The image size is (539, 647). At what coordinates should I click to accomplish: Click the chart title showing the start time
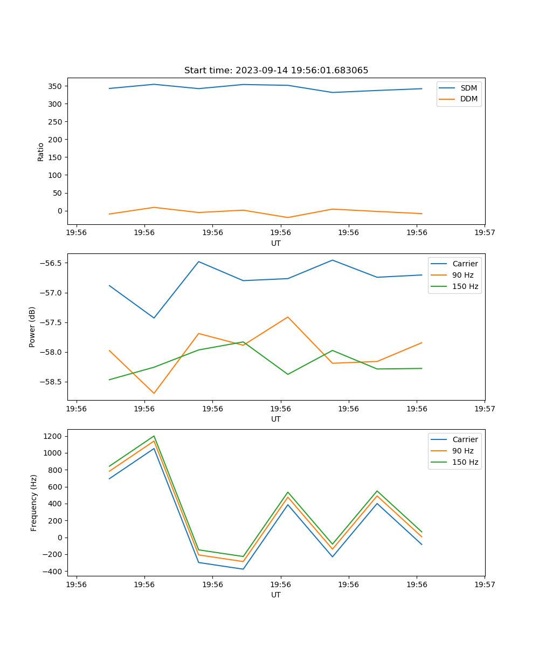276,71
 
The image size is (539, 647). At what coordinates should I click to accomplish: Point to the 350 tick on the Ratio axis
56,86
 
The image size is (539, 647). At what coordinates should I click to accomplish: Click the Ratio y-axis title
41,152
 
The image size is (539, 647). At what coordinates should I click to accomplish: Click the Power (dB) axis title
32,327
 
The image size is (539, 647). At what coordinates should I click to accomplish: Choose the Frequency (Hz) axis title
34,503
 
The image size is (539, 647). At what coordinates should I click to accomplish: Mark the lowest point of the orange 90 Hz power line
154,393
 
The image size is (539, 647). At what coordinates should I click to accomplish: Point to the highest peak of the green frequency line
154,436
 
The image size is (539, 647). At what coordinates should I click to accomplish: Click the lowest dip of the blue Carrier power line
154,318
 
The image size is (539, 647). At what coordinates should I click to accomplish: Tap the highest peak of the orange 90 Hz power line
288,317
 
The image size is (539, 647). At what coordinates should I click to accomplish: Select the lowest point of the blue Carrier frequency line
243,569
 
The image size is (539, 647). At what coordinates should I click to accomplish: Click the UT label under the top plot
276,243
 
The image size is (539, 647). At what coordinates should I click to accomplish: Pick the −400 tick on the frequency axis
53,572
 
